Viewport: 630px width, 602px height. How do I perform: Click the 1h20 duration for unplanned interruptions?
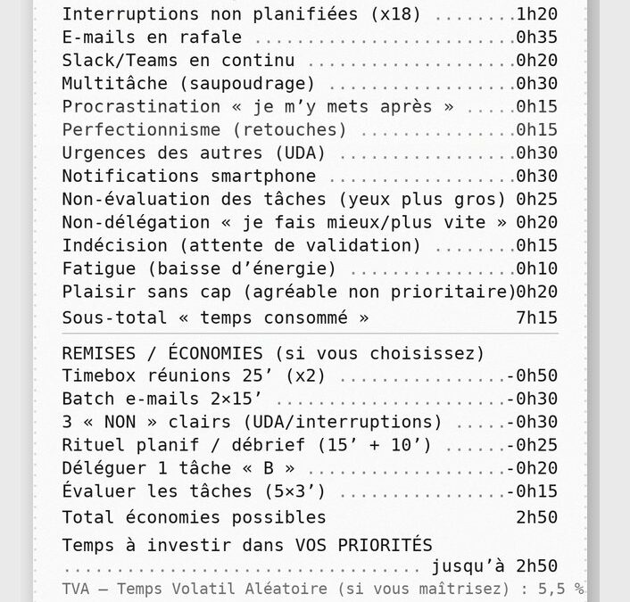537,14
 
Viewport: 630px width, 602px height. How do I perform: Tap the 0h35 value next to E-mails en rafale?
537,37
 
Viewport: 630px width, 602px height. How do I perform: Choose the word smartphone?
264,177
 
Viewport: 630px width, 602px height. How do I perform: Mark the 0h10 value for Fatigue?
537,268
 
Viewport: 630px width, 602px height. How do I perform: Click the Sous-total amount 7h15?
537,317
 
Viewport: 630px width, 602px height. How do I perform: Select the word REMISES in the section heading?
98,353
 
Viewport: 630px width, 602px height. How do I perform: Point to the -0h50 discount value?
532,376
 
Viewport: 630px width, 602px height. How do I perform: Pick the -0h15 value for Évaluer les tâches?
532,491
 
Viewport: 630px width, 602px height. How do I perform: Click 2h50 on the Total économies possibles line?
537,517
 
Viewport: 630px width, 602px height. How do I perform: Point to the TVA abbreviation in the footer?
78,589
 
